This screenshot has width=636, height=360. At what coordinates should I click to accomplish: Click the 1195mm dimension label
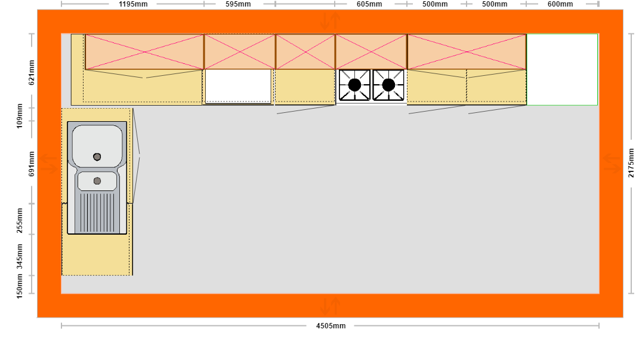click(x=133, y=4)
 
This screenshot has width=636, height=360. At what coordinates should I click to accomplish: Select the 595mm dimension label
click(x=238, y=4)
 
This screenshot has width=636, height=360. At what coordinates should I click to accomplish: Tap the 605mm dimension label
click(x=369, y=4)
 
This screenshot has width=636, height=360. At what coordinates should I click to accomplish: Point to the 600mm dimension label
click(x=560, y=4)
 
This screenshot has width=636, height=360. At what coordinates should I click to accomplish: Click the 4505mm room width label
click(x=331, y=325)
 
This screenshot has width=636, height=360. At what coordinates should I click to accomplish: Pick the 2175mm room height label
click(x=631, y=163)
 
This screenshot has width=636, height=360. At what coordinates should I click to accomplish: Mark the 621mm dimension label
click(x=32, y=73)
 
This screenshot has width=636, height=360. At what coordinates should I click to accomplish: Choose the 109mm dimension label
click(x=20, y=116)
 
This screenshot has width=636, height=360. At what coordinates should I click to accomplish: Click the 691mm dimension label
click(x=32, y=164)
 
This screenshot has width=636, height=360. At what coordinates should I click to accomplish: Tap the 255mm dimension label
click(x=20, y=220)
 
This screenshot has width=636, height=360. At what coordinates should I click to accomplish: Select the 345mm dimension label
click(x=20, y=257)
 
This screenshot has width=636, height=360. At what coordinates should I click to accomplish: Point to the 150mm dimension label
click(x=20, y=286)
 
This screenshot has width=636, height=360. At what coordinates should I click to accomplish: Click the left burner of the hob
click(x=354, y=85)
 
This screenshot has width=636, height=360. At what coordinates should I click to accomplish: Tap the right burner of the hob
click(x=388, y=85)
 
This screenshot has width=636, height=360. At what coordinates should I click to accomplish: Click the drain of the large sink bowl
click(x=97, y=156)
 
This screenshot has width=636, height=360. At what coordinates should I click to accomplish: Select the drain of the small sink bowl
click(x=97, y=181)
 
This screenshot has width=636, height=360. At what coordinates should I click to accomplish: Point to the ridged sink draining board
click(x=97, y=213)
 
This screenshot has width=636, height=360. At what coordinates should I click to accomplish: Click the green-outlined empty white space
click(x=562, y=69)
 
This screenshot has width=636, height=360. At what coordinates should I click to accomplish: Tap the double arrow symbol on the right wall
click(x=612, y=163)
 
